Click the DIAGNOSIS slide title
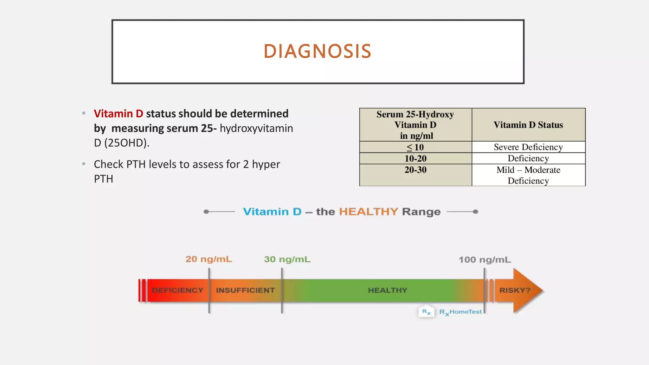317,51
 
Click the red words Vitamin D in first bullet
119,113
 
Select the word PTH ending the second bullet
104,179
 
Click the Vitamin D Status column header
528,125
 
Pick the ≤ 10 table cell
415,147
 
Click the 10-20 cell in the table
415,158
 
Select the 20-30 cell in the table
415,170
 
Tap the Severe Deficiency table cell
528,147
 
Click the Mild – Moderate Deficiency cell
528,175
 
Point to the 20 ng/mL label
209,259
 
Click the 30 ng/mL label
287,259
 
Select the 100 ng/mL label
485,260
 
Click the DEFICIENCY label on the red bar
177,290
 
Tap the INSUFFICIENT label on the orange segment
245,290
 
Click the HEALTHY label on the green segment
388,290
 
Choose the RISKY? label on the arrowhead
515,290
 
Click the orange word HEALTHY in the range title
369,212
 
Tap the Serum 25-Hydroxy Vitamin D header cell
415,125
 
